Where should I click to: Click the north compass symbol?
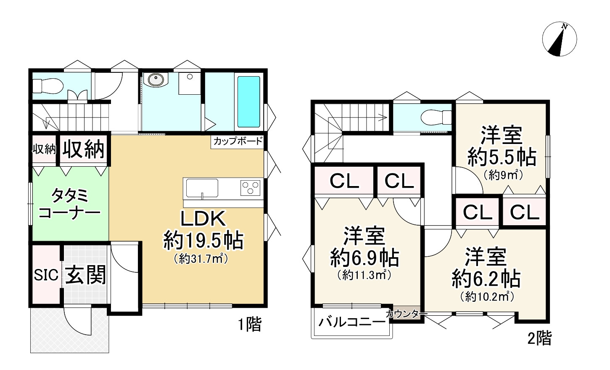point(559,39)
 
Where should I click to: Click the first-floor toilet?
point(48,86)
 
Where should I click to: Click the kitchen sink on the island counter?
point(202,187)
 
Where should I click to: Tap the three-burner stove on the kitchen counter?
point(250,187)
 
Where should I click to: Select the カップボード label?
point(238,141)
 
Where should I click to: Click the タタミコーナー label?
point(69,204)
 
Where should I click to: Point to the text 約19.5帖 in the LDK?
point(203,240)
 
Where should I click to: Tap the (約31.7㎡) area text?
point(201,259)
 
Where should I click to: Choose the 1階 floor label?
point(250,325)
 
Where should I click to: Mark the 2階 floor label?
point(539,338)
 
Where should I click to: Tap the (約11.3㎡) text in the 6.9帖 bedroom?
point(364,275)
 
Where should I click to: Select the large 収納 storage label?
point(83,149)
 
